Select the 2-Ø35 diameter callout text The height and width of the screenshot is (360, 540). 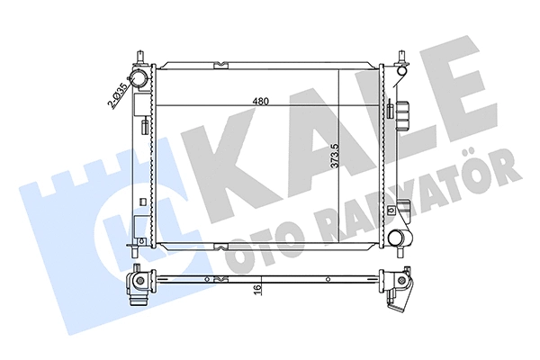point(115,94)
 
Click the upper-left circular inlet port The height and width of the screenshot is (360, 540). point(139,80)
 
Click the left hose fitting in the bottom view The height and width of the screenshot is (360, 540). point(139,285)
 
